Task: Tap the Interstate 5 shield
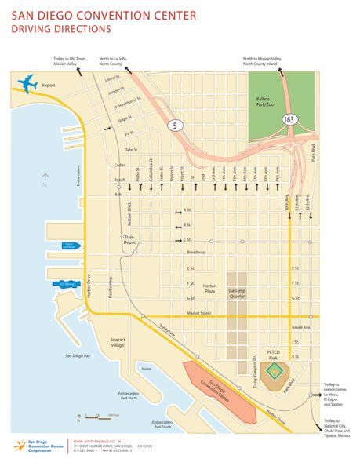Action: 173,124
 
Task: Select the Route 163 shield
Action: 289,119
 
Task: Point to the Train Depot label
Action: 130,240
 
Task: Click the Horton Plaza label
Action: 209,289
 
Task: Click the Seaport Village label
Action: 112,344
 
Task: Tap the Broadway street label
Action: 195,252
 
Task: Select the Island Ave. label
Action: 302,327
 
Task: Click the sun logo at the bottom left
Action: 17,447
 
